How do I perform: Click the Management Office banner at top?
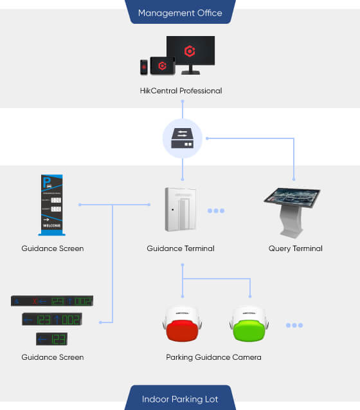[x=180, y=12]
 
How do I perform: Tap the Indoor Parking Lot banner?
[x=180, y=399]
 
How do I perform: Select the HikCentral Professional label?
[x=181, y=91]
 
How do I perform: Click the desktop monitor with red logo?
[x=190, y=54]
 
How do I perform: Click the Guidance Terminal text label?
[x=181, y=248]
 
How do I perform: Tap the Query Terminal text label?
[x=295, y=248]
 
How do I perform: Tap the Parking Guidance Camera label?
[x=213, y=357]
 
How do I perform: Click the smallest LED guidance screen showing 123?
[x=52, y=339]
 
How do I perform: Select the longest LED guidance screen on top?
[x=52, y=301]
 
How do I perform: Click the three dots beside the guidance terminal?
[x=215, y=210]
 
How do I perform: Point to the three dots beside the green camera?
[x=294, y=326]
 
